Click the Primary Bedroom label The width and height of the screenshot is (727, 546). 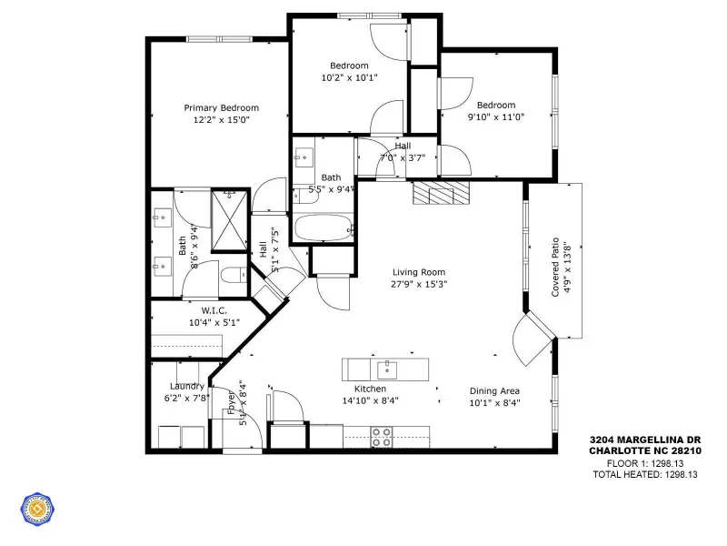pos(221,107)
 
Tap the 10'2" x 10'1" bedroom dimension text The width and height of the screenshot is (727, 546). pos(349,78)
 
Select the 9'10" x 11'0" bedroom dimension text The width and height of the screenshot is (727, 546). pos(496,116)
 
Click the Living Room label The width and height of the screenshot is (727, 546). pos(419,272)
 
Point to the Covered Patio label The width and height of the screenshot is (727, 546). pos(555,268)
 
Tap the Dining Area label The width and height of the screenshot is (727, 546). pos(494,391)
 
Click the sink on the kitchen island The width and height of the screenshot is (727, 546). pos(387,369)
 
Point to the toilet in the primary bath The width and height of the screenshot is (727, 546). pos(233,274)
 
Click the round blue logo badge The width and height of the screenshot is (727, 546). pos(37,511)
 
